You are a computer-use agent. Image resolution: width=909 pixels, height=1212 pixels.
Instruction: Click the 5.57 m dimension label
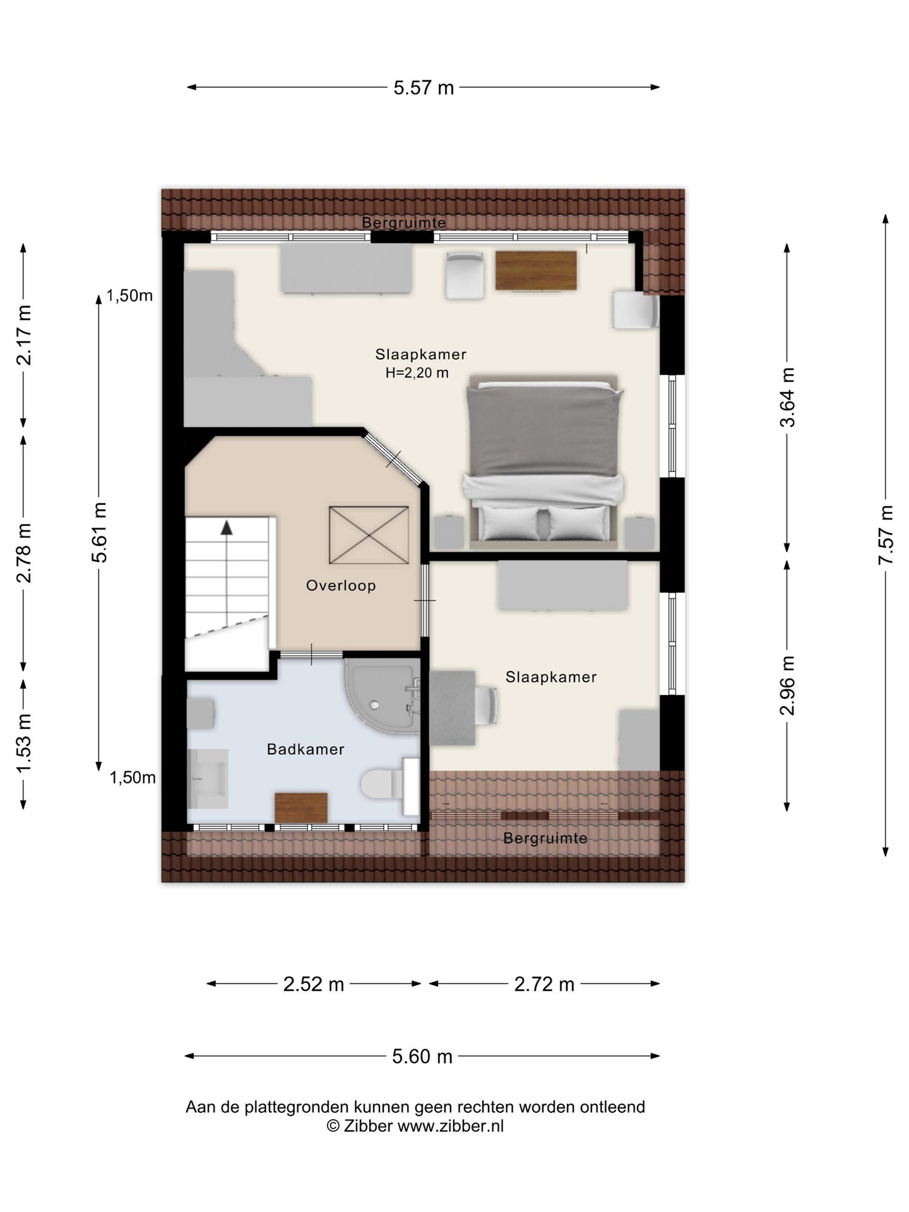point(424,88)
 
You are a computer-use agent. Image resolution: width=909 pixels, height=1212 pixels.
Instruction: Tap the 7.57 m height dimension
point(886,535)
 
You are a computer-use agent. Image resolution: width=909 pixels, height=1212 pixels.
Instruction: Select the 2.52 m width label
point(313,984)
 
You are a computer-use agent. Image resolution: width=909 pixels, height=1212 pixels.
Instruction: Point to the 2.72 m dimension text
point(544,984)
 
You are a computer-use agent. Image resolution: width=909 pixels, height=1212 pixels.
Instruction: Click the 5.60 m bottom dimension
point(422,1057)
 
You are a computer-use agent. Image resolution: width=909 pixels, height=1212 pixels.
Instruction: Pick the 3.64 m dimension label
point(787,397)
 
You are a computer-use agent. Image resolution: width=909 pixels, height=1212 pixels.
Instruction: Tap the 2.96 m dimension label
point(787,685)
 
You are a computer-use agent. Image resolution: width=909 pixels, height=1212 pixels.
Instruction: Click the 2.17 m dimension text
point(24,335)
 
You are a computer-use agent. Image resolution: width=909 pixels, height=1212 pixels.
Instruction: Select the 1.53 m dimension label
point(24,743)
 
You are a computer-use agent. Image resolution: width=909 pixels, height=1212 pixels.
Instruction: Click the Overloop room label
point(341,586)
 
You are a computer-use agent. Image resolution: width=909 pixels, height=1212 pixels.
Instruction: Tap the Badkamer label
point(306,749)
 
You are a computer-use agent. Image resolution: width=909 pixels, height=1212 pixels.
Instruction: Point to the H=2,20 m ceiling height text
point(417,373)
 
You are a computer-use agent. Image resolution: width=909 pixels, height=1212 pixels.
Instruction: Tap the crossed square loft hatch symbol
point(369,535)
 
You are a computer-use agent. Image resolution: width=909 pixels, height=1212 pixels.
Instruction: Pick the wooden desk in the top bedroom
point(536,270)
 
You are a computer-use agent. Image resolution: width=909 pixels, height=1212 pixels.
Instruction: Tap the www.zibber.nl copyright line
point(415,1126)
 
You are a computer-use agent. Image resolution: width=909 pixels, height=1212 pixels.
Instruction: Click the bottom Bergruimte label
point(545,838)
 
